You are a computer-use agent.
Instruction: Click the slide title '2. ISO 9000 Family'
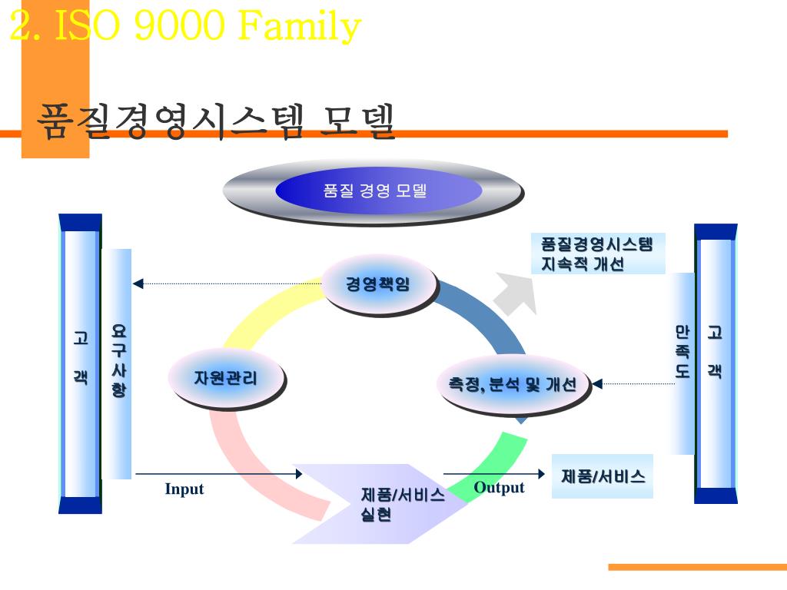coord(185,27)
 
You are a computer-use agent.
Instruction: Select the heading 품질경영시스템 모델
coord(217,121)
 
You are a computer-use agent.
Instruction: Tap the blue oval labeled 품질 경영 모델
coord(375,191)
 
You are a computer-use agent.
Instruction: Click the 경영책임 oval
coord(378,285)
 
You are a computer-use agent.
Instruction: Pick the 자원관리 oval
coord(226,377)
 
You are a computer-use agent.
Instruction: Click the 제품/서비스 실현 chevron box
coord(392,504)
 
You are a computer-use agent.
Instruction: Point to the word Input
coord(184,489)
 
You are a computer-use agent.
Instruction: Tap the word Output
coord(499,487)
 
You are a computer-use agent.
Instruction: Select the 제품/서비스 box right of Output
coord(603,476)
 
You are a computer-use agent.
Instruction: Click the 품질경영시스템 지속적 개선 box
coord(597,254)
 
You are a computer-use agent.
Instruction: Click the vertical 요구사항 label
coord(118,360)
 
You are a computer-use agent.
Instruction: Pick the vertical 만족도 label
coord(682,352)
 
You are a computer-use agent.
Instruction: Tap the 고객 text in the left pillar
coord(81,357)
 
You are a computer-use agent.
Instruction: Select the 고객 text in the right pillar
coord(715,352)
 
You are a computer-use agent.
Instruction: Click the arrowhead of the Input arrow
coord(299,474)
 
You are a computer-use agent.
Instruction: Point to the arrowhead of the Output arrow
coord(541,474)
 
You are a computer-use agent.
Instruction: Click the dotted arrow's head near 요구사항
coord(138,283)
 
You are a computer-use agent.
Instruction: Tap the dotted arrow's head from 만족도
coord(597,383)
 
